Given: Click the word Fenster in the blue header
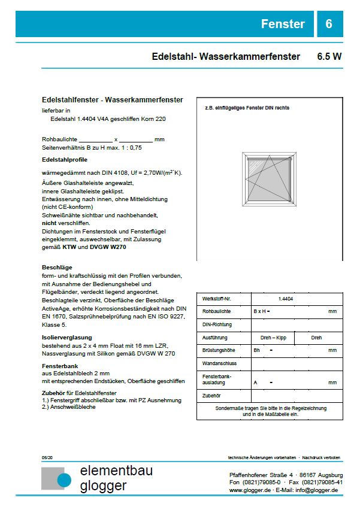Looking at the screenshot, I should click(x=283, y=24).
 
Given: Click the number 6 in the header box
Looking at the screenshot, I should click(x=329, y=24).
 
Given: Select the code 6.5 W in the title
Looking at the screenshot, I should click(x=329, y=57).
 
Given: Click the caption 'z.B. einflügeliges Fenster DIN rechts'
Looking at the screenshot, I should click(x=243, y=108).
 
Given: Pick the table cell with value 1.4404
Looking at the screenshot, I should click(x=286, y=299).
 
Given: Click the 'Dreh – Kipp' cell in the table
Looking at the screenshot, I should click(x=273, y=338).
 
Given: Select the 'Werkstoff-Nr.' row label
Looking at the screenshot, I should click(x=217, y=299).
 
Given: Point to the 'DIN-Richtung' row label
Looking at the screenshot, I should click(x=217, y=324).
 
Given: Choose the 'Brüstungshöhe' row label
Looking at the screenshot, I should click(x=218, y=350).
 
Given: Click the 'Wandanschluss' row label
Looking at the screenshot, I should click(x=219, y=363).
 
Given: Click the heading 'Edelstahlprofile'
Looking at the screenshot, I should click(x=65, y=160).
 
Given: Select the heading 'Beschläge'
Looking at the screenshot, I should click(x=57, y=267).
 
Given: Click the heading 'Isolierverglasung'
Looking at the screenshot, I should click(x=66, y=338).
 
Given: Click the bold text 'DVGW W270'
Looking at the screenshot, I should click(x=109, y=247).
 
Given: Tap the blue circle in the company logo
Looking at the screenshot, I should click(x=64, y=479).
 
